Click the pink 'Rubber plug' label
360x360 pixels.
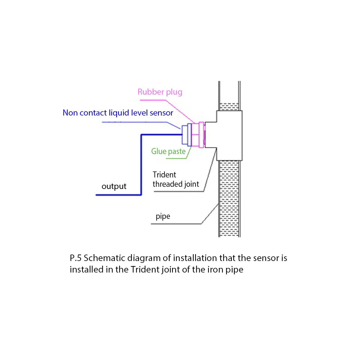[160, 92]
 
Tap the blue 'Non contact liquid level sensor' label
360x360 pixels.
[118, 113]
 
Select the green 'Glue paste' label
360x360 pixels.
[168, 151]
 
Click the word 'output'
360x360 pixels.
[114, 186]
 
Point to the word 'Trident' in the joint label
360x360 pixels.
[165, 175]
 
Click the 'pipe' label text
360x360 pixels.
[163, 217]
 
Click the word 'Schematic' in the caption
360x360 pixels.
[104, 258]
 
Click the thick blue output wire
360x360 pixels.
[141, 166]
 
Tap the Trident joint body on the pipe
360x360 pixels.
[229, 135]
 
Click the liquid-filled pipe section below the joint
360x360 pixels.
[229, 198]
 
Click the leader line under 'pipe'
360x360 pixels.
[176, 224]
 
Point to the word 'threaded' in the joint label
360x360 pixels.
[166, 184]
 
